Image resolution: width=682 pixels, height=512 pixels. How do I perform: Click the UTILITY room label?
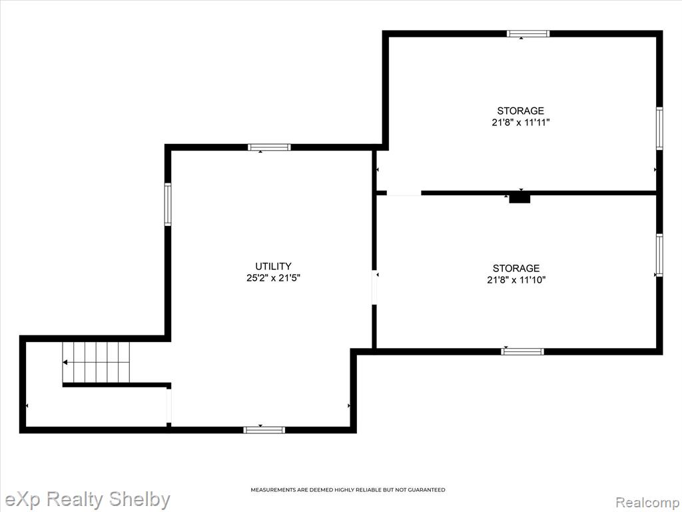coord(273,266)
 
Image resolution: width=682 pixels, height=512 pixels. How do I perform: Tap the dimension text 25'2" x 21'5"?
coord(274,278)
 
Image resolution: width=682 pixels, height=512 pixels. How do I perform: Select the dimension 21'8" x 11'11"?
coord(521,123)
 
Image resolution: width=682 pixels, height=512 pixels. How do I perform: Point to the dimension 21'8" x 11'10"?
coord(516,280)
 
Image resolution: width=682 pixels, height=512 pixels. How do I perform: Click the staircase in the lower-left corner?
coord(96,362)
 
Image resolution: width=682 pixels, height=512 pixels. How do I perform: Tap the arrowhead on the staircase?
coord(65,362)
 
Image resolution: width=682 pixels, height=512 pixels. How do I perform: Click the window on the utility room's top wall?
coord(269,147)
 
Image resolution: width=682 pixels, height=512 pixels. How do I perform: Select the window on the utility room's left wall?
coord(167,204)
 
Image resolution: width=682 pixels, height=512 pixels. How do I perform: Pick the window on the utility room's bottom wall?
coord(264,430)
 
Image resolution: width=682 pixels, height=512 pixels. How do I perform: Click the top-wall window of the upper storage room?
coord(528,33)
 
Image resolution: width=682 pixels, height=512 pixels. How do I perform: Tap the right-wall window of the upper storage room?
coord(659,129)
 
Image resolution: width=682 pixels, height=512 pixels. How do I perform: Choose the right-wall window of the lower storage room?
coord(659,255)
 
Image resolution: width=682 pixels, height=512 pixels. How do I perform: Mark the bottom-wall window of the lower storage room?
coord(522,351)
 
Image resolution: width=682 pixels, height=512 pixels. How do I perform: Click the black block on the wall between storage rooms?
coord(519,199)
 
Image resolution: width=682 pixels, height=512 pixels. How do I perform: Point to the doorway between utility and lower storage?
coord(374,287)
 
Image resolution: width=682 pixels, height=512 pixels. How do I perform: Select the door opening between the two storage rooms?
coord(404,193)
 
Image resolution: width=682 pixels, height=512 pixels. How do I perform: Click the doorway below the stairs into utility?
coord(169,405)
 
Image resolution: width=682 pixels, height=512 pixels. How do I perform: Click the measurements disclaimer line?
coord(348,490)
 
